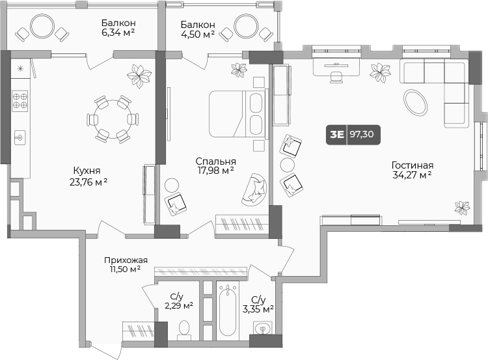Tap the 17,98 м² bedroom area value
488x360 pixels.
[x=215, y=171]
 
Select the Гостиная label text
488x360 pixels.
[x=413, y=165]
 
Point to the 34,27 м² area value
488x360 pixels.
[x=413, y=175]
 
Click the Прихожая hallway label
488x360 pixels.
[x=126, y=260]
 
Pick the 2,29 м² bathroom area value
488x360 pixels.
[x=177, y=305]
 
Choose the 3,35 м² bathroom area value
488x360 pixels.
[x=258, y=309]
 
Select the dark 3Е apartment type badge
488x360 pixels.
[x=336, y=135]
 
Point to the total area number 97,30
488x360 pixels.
[x=364, y=135]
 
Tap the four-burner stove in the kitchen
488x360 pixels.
[x=20, y=100]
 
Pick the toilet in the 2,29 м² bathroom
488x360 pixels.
[x=183, y=328]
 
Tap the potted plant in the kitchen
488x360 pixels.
[x=137, y=76]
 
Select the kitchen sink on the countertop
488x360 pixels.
[x=20, y=137]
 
